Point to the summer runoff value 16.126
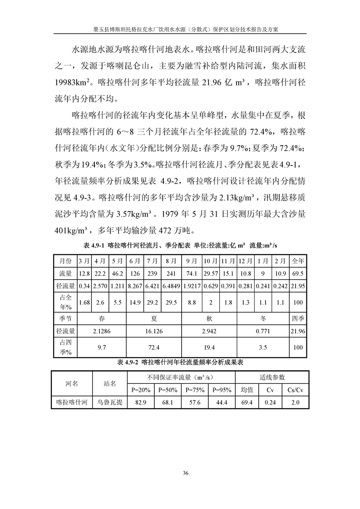pyautogui.click(x=153, y=331)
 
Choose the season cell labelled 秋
pyautogui.click(x=210, y=318)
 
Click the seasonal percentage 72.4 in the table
pyautogui.click(x=153, y=347)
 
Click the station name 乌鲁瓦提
pyautogui.click(x=110, y=402)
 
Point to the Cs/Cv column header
pyautogui.click(x=295, y=389)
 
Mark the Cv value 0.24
pyautogui.click(x=270, y=402)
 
